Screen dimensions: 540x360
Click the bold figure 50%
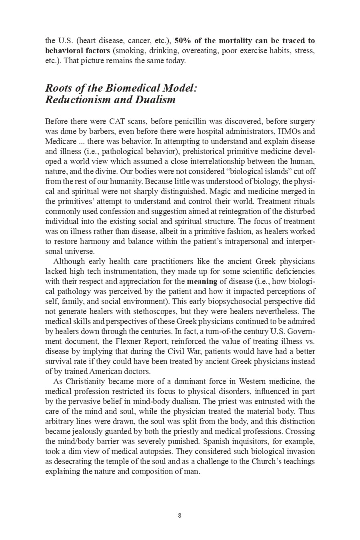[182, 41]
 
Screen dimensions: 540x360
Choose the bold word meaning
[202, 281]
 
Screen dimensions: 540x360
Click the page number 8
[180, 516]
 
